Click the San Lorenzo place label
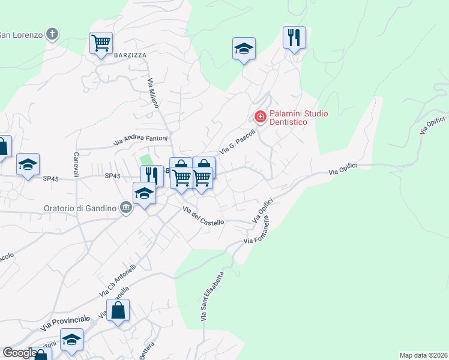click(21, 34)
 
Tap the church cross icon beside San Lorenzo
click(53, 34)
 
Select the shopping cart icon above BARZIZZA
click(101, 43)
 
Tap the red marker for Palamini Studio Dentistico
click(261, 116)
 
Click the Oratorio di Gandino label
click(79, 208)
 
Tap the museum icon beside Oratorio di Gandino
click(125, 208)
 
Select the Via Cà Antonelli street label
click(118, 280)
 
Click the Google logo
click(20, 353)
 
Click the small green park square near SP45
click(146, 160)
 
